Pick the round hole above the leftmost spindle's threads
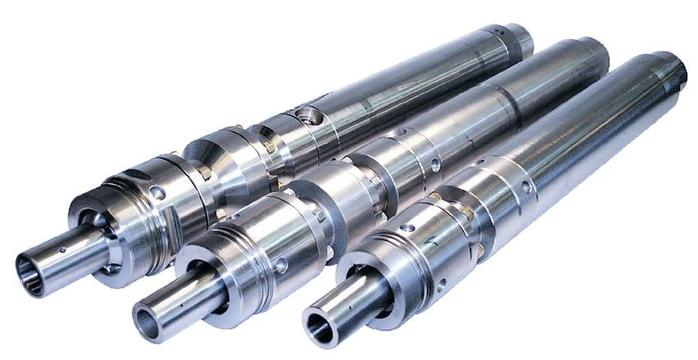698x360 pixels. (x=158, y=192)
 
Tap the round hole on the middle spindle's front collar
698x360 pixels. (x=281, y=265)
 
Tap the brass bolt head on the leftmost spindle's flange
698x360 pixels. (x=204, y=173)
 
